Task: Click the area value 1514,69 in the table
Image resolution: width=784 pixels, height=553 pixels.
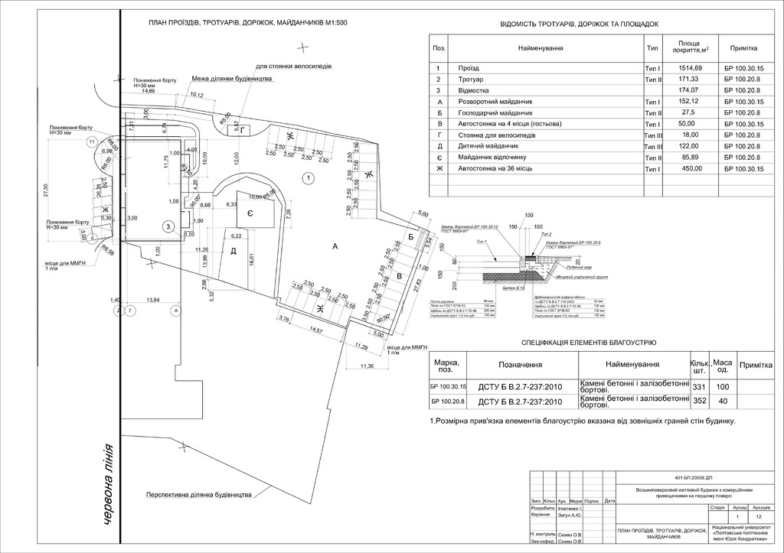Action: [x=688, y=68]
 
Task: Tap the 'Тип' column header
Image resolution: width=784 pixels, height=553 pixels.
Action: [x=652, y=47]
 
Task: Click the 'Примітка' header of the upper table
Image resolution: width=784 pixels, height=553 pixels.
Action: [x=743, y=47]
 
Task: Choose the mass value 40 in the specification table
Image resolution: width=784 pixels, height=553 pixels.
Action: [x=722, y=402]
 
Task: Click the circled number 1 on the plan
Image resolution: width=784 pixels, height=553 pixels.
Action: [x=307, y=178]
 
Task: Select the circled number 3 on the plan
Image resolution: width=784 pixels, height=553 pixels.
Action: [x=168, y=226]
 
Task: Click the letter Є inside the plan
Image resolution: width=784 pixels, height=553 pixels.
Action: [x=250, y=213]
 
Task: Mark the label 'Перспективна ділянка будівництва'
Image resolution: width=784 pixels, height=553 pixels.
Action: [x=200, y=494]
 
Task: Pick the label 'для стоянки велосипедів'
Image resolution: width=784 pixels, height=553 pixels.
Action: [x=293, y=67]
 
